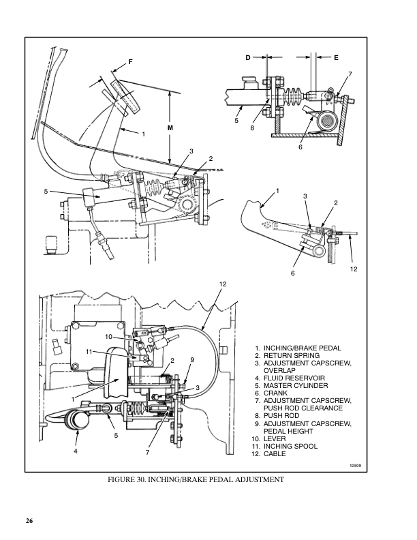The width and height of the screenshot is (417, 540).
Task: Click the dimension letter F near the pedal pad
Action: (x=130, y=62)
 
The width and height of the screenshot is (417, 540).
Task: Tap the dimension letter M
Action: (x=170, y=127)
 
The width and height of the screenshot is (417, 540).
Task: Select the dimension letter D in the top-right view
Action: (x=248, y=57)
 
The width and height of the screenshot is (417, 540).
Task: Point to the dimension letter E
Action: (x=336, y=57)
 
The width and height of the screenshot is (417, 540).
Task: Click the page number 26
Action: (x=29, y=520)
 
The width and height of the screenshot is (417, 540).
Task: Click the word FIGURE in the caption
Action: (x=120, y=479)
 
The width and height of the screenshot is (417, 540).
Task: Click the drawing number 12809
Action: (x=356, y=466)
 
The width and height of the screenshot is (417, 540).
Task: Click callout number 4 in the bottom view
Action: (x=76, y=451)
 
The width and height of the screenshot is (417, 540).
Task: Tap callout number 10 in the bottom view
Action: (x=109, y=336)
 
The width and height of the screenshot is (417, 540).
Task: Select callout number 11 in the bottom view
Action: (x=89, y=352)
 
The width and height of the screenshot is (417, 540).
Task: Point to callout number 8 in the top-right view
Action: (x=252, y=128)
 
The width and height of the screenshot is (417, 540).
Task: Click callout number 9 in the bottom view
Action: (x=192, y=360)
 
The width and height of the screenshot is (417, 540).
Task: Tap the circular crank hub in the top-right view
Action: (x=326, y=121)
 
